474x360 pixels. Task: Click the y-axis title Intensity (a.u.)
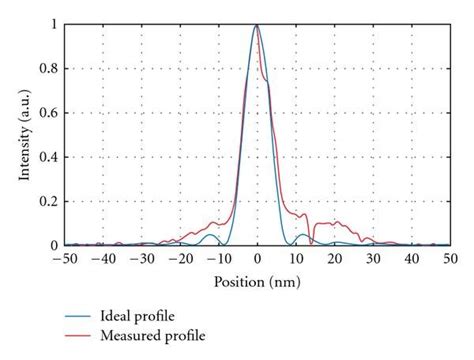tap(23, 134)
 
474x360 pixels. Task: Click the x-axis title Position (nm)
tap(257, 283)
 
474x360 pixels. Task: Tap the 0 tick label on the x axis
tap(258, 260)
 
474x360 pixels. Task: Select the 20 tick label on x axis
tap(335, 260)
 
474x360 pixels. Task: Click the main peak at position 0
tap(257, 26)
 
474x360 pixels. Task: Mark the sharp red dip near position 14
tap(312, 242)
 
